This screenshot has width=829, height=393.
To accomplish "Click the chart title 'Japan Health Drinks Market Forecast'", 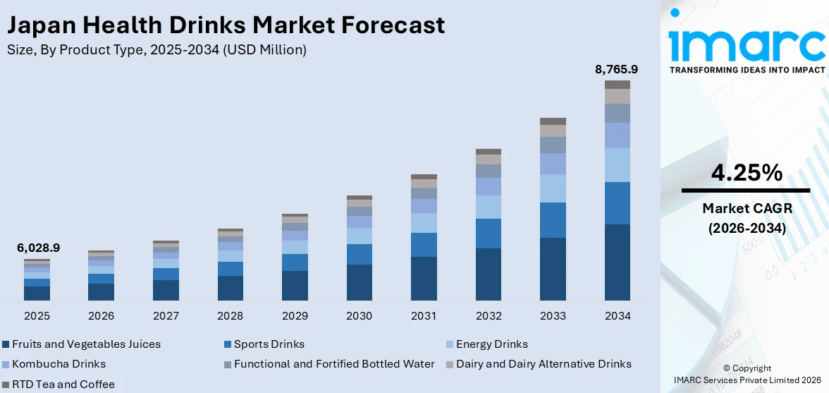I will coord(226,25).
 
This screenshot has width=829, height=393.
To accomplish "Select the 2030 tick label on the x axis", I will coord(360,316).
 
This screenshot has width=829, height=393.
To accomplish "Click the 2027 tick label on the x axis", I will coord(166,316).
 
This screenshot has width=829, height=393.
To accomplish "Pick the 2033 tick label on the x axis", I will coord(553,316).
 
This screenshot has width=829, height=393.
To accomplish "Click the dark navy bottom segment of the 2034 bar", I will coord(618,262).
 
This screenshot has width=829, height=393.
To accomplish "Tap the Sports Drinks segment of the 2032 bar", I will coord(489,234).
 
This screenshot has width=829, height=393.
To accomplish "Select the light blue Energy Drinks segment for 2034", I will coord(618,165).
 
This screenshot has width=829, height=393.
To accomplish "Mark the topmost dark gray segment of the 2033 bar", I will coord(553,121).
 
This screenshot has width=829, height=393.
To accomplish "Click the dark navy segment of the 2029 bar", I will coord(295,286).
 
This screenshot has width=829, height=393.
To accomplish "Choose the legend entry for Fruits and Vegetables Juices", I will coord(82,344).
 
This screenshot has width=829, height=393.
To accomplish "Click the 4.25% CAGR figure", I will coord(745,172).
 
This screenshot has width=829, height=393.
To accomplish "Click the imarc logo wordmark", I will coord(746,44).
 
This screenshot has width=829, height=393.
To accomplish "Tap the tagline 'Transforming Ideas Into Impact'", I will coord(746,70).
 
